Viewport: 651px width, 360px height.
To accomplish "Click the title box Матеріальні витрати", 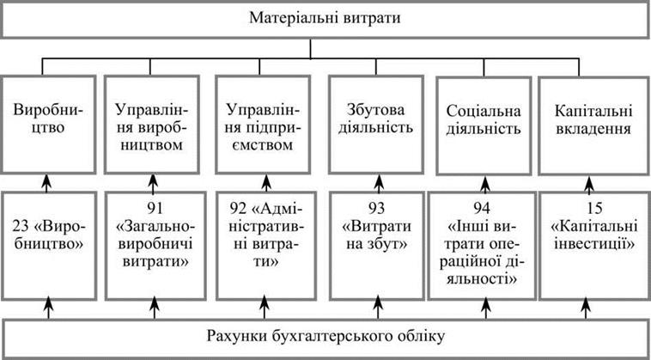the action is [x=325, y=19].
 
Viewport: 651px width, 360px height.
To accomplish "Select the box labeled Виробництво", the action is [x=48, y=124].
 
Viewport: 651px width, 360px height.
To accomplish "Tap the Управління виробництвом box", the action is [x=151, y=124].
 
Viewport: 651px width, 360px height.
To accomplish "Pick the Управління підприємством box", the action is [x=263, y=124].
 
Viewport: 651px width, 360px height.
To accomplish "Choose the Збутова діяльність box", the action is [x=375, y=124].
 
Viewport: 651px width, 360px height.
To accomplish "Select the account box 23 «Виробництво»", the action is [x=49, y=246].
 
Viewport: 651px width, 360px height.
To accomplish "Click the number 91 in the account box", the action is [x=155, y=208].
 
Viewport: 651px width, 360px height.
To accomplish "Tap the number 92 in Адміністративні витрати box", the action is [x=238, y=208].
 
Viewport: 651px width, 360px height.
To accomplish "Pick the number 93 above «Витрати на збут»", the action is [x=376, y=208].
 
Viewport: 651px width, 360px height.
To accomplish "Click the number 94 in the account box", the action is [x=484, y=208].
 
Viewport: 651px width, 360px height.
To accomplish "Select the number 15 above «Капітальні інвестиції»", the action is [x=587, y=208].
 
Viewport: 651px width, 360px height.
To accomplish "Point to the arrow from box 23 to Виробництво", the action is [x=47, y=183].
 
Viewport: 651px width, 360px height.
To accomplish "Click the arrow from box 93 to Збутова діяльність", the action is [x=379, y=184].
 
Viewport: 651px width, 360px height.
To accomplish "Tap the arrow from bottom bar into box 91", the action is [x=155, y=308].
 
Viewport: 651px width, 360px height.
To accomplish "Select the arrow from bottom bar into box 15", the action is [x=586, y=308].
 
